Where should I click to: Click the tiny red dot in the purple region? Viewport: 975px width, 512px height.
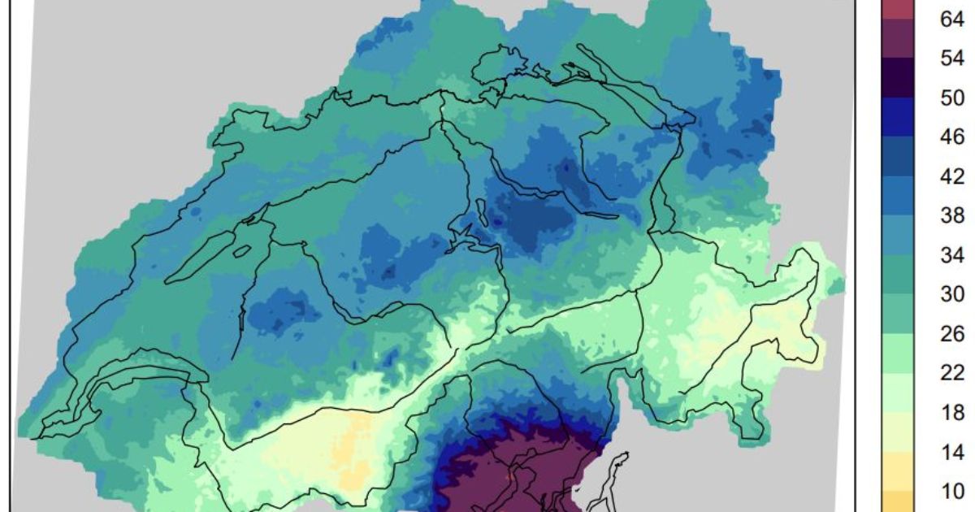coord(509,474)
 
